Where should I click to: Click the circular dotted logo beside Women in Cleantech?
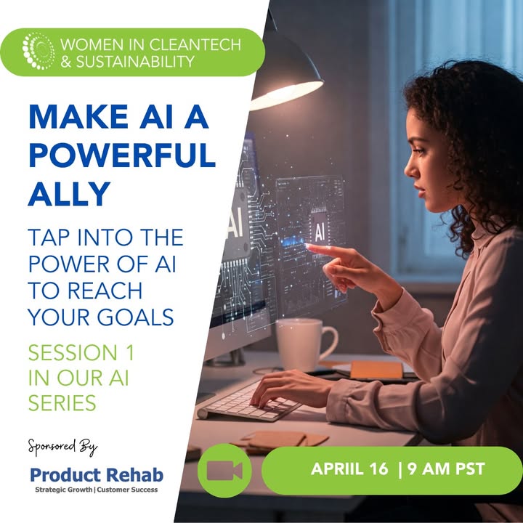point(38,51)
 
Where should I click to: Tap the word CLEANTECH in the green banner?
point(195,45)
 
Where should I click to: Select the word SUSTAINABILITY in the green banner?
point(135,61)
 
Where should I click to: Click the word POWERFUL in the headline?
point(122,155)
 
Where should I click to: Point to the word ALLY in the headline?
point(69,193)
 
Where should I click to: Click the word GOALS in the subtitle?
point(135,317)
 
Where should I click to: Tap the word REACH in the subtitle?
point(105,291)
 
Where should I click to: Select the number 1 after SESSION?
point(131,352)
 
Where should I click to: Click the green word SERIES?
point(62,402)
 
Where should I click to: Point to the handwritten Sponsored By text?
point(62,447)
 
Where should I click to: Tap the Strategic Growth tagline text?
point(64,490)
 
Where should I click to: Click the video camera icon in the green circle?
point(224,470)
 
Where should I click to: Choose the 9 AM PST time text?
point(446,469)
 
